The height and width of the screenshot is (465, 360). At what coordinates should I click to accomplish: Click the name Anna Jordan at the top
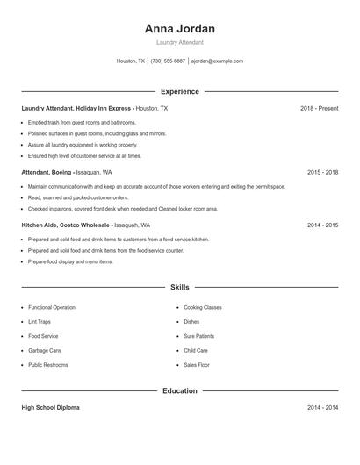[179, 28]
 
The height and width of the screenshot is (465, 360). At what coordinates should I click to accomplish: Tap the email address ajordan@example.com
[217, 61]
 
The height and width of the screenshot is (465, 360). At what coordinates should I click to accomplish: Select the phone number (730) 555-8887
[168, 61]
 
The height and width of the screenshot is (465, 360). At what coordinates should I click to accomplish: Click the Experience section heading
[179, 91]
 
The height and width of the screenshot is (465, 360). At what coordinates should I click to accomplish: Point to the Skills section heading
[179, 287]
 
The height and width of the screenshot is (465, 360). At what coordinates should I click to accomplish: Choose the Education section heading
[179, 390]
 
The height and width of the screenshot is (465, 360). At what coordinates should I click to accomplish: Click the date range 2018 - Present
[319, 108]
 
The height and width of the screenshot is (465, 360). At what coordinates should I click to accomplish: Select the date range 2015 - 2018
[322, 173]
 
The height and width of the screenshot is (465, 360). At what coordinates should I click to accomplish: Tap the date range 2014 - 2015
[322, 225]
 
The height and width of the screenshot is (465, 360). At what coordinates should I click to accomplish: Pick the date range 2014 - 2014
[322, 408]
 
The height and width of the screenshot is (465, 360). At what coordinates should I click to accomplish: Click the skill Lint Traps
[40, 322]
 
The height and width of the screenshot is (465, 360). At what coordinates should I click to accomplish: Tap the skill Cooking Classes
[202, 308]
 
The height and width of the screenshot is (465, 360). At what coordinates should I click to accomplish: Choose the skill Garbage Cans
[45, 350]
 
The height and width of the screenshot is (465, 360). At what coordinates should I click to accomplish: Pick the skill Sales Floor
[196, 364]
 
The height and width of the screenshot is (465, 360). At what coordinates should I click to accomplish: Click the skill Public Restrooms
[47, 364]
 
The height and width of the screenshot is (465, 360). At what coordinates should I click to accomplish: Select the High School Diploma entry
[50, 408]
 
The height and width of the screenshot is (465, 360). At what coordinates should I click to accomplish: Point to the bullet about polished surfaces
[97, 133]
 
